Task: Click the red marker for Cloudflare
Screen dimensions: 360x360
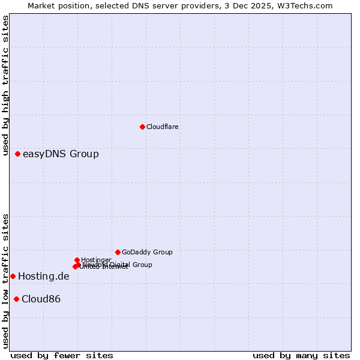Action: [x=142, y=127]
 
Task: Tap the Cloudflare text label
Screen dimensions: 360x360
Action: [x=163, y=127]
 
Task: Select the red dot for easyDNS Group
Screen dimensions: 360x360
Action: [x=18, y=154]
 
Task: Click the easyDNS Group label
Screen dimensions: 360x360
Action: [x=61, y=154]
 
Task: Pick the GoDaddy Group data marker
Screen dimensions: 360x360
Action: [x=118, y=252]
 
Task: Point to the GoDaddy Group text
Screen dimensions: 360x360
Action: [x=147, y=252]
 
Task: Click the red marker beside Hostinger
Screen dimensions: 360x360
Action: [x=77, y=260]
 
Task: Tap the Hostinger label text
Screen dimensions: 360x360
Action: [x=97, y=260]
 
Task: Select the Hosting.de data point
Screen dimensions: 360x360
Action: [x=13, y=276]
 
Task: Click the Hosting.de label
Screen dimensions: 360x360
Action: [x=44, y=277]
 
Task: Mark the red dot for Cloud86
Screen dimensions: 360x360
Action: [x=16, y=299]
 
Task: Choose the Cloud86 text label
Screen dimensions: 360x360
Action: [x=41, y=299]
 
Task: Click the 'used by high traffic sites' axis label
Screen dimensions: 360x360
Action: [x=6, y=87]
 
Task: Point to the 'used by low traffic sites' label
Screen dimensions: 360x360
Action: [x=6, y=280]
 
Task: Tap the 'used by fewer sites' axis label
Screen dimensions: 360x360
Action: [x=62, y=355]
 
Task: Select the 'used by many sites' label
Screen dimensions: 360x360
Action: [x=301, y=355]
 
